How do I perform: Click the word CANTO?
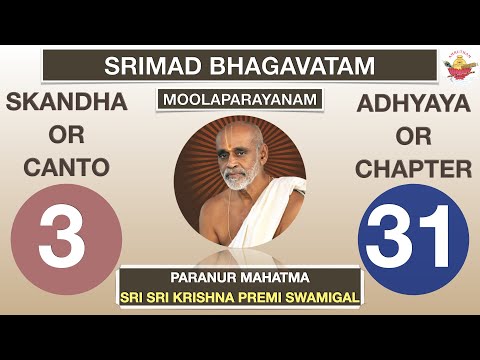pos(65,170)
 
